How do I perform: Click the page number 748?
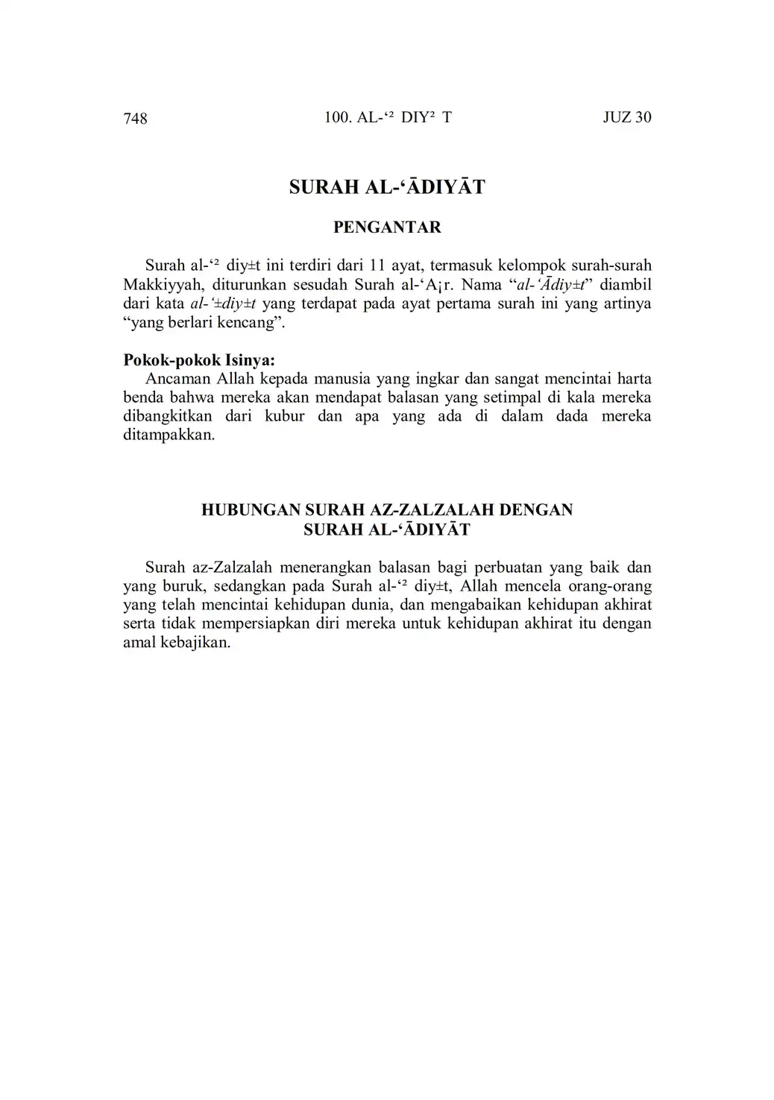135,118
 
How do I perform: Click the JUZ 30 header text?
626,117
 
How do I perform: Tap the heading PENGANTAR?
387,227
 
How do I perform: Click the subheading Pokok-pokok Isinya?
198,360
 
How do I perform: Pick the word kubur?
284,416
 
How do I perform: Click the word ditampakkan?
169,435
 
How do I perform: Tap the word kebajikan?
195,642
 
